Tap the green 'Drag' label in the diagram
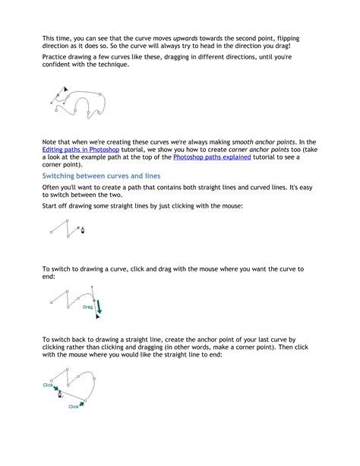tap(87, 307)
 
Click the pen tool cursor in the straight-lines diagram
tap(83, 230)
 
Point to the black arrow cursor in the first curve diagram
tap(66, 90)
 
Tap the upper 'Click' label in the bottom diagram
tap(49, 385)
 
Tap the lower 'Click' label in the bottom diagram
tap(74, 406)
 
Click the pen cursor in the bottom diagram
tap(60, 394)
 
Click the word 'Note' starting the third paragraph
tap(50, 141)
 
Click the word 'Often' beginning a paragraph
tap(52, 187)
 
